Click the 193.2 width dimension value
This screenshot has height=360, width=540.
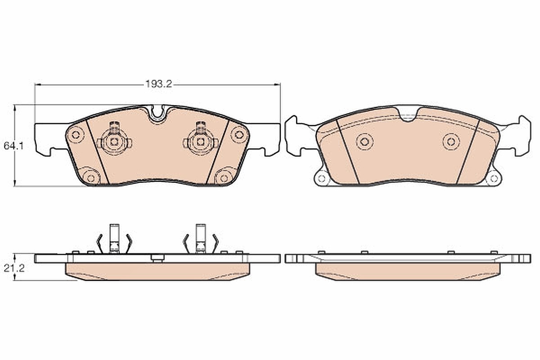coord(158,84)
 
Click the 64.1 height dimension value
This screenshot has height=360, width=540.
coord(13,146)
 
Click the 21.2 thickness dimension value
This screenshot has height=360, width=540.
coord(14,268)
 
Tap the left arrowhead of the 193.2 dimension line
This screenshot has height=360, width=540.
coord(38,85)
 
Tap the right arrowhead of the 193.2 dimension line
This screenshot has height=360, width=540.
coord(277,85)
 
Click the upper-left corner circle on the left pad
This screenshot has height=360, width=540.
coord(76,135)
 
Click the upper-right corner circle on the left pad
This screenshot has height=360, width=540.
coord(239,135)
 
